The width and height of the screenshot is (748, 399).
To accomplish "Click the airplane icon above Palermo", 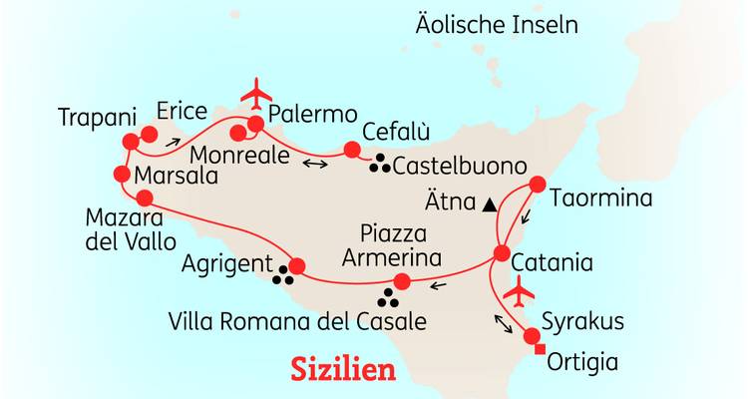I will pos(256,92).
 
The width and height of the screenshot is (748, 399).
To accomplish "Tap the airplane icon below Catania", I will pos(517,293).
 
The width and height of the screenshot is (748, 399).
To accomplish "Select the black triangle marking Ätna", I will pos(489,204).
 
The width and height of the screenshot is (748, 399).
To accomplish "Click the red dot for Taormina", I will pos(537,185).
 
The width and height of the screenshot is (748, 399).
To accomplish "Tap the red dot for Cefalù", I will pos(351,151).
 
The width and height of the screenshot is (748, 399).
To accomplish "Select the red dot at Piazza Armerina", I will pos(402,280).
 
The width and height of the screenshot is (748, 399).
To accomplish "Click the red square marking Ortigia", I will pos(540,349).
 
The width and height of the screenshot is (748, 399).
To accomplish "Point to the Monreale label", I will pos(239,158).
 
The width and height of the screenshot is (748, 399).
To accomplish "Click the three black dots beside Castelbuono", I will pos(380,166).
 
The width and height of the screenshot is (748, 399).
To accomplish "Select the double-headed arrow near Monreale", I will pos(315,163).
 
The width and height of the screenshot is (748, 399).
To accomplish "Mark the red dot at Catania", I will pos(498,255).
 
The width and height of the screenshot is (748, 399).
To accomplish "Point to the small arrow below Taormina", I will pos(529,216).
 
